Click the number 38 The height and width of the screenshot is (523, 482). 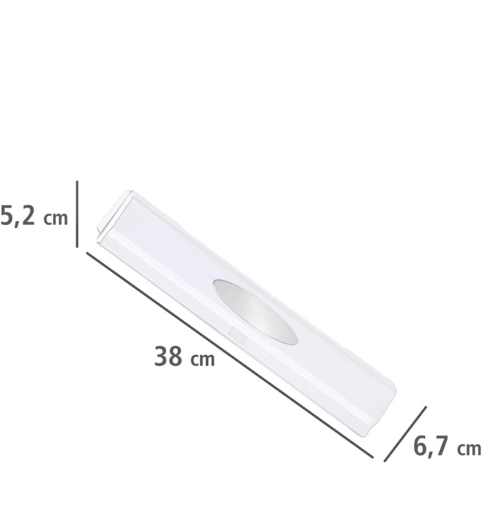(168, 356)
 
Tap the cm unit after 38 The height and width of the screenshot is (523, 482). (203, 360)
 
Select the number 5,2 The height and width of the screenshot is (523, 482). (18, 216)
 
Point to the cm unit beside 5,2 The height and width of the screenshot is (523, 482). (56, 219)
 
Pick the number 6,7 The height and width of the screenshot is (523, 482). (431, 446)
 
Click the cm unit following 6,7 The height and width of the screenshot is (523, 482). (469, 449)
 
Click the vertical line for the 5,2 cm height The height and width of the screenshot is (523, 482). (77, 214)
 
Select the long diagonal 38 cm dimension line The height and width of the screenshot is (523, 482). (229, 355)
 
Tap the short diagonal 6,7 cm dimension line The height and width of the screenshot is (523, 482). (405, 434)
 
